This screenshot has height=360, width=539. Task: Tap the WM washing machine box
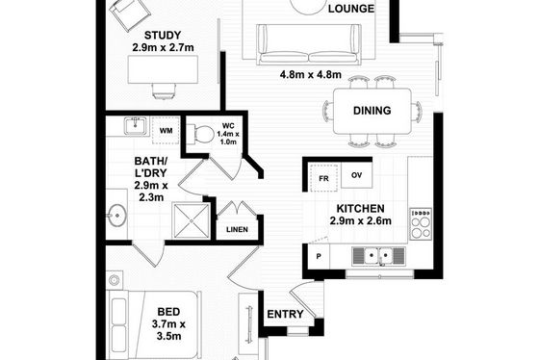(166, 131)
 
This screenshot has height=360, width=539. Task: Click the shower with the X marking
(192, 220)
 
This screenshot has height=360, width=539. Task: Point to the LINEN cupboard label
(237, 229)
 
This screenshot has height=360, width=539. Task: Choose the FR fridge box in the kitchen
(323, 178)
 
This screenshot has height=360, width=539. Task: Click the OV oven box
(357, 175)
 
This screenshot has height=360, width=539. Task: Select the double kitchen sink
(378, 256)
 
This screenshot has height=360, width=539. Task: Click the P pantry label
(319, 256)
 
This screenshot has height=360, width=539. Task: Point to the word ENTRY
(285, 314)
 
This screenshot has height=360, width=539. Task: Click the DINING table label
(372, 111)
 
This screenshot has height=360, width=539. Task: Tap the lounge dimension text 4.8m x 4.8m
(311, 74)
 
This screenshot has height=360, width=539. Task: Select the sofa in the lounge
(309, 44)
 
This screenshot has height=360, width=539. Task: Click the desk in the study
(163, 69)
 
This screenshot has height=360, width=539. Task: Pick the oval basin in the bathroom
(116, 216)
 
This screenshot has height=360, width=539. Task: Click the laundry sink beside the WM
(135, 126)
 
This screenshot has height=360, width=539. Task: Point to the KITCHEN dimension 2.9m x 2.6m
(361, 220)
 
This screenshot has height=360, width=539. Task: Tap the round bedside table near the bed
(115, 280)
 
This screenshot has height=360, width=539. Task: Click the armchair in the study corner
(130, 13)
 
